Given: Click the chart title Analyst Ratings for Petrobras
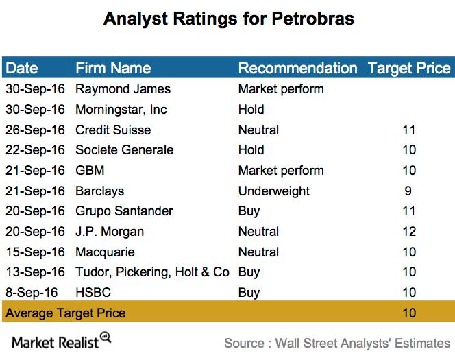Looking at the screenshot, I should [x=228, y=19].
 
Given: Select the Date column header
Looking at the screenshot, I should [x=22, y=68].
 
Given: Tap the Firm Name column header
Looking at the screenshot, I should [x=113, y=68].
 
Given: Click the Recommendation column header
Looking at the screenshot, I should [x=297, y=68].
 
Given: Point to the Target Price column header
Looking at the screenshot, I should [x=409, y=68].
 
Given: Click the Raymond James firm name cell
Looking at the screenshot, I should [x=123, y=89].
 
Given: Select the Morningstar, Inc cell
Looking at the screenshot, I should [x=121, y=110].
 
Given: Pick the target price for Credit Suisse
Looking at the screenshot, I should [x=409, y=130].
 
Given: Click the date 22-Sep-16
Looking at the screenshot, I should [x=35, y=150].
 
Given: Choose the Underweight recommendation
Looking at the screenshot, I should [x=274, y=191].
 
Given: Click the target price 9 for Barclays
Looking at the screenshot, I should [x=408, y=191].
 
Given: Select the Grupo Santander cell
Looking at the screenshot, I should [x=124, y=211].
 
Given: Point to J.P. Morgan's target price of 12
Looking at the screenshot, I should [x=409, y=232].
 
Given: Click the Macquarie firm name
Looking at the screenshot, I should [x=105, y=252].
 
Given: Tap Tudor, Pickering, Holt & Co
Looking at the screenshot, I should [x=152, y=272].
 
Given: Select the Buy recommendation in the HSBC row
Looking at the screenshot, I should [x=249, y=293].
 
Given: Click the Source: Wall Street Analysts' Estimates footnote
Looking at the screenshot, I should [x=337, y=343].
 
